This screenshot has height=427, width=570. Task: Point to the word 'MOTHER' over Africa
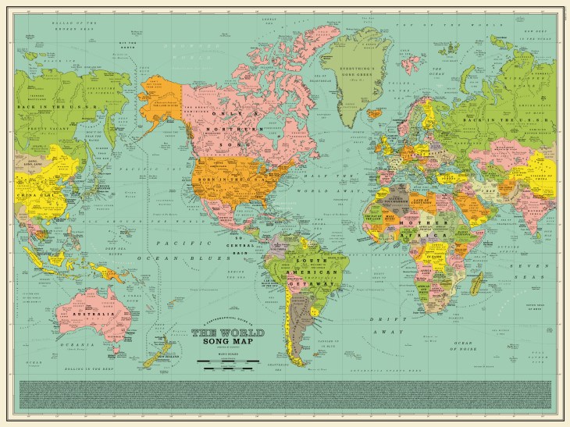pos(414,222)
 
